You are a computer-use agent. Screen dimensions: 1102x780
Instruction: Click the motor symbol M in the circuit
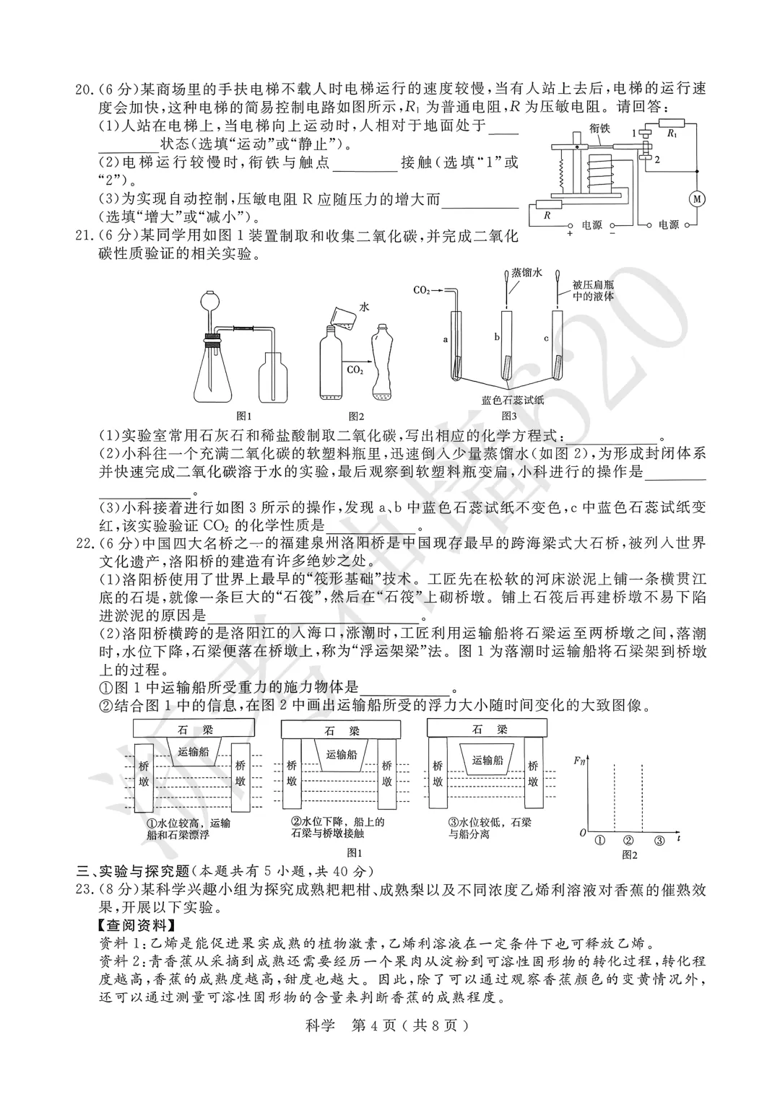[698, 198]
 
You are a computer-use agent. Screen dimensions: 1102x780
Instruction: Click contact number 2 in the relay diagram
[657, 160]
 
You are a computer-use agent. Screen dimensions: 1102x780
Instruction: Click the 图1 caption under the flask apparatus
[244, 416]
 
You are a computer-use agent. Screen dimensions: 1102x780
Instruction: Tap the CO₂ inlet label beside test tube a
[422, 290]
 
